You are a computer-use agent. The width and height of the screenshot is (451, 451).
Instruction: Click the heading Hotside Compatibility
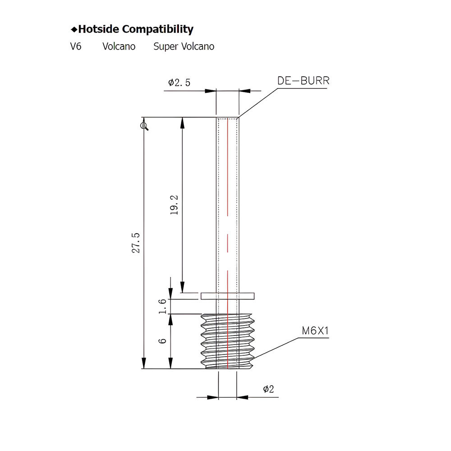(135, 30)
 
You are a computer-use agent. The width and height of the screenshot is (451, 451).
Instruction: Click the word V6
(76, 46)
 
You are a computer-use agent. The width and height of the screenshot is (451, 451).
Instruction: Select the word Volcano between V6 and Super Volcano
(119, 46)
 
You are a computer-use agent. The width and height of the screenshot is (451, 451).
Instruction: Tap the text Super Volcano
(184, 46)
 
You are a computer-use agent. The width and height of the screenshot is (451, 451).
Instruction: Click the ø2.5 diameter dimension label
(179, 83)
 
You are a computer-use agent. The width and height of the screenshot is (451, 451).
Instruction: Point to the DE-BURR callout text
(303, 81)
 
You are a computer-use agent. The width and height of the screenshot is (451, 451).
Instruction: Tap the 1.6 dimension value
(163, 306)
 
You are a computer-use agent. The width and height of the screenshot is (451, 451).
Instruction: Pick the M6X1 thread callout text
(315, 331)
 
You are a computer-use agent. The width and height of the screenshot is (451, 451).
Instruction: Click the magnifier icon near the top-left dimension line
(144, 126)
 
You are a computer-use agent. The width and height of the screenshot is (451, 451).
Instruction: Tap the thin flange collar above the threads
(228, 296)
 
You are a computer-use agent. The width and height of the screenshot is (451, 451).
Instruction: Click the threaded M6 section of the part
(228, 341)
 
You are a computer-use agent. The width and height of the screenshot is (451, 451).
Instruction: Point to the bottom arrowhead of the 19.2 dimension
(182, 287)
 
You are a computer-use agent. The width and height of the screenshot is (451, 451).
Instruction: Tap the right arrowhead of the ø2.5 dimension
(244, 91)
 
